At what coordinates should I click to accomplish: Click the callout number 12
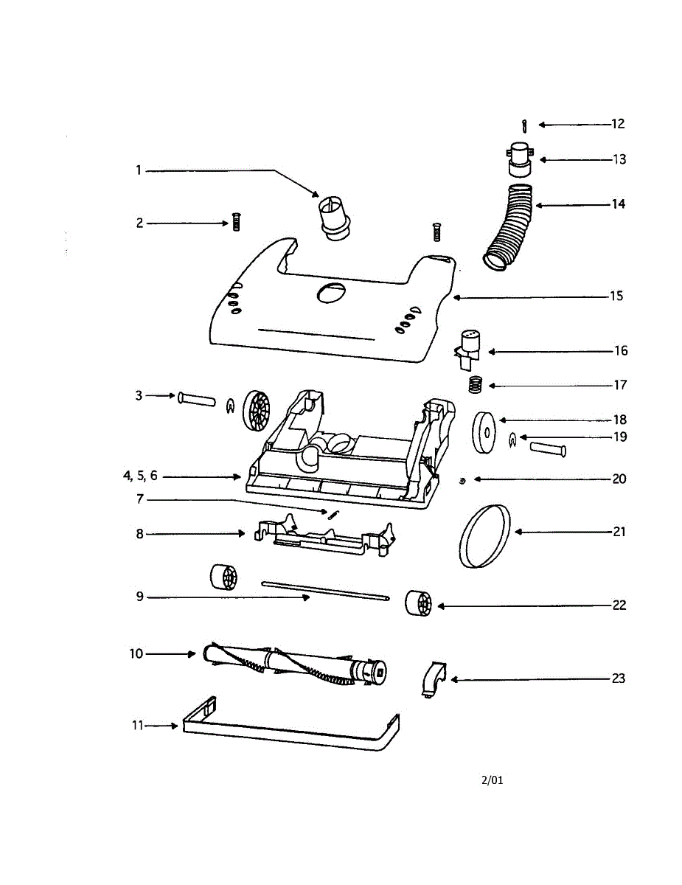tap(618, 124)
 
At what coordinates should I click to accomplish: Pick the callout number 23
tap(618, 678)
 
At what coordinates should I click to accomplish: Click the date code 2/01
tap(493, 780)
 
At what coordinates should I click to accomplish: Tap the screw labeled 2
tap(237, 222)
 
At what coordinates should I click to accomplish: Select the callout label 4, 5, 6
tap(140, 476)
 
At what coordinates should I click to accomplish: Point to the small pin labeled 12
tap(524, 125)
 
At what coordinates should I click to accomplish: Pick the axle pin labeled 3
tap(196, 399)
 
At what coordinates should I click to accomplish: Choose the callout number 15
tap(616, 296)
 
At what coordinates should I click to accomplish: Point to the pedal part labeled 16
tap(467, 347)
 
